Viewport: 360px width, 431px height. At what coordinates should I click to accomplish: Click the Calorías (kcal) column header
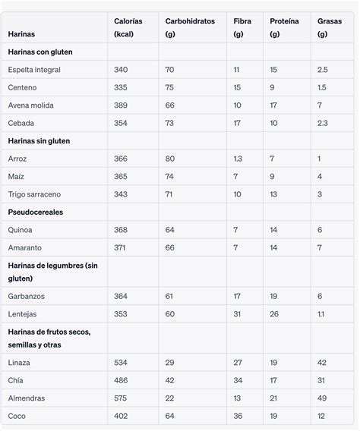(128, 28)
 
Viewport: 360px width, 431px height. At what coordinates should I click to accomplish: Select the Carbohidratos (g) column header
(190, 28)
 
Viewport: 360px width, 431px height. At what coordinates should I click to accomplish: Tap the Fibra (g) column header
(242, 28)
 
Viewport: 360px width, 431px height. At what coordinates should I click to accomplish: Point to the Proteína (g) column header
(284, 28)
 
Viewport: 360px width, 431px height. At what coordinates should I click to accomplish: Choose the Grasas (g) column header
(329, 28)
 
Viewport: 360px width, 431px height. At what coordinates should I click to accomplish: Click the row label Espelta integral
(34, 70)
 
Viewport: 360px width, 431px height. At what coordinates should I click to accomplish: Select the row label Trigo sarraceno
(34, 194)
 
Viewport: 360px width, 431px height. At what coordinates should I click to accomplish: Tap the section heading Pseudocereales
(35, 212)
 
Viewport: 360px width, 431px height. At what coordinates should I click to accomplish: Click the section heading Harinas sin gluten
(39, 141)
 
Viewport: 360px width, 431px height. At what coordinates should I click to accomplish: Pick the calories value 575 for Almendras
(121, 398)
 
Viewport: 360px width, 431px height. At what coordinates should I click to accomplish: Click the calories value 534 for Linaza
(121, 363)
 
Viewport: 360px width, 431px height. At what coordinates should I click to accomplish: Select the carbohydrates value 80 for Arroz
(170, 159)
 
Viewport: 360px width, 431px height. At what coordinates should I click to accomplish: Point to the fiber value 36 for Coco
(238, 416)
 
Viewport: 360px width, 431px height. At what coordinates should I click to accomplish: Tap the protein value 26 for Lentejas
(274, 314)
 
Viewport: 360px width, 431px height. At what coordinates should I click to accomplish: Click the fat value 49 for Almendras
(321, 398)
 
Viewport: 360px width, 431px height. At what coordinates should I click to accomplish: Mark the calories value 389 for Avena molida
(121, 105)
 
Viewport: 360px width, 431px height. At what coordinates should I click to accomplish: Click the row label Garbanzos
(27, 297)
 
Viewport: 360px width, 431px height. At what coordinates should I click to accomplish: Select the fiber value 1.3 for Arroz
(238, 159)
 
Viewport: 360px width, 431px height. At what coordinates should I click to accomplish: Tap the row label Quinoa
(21, 230)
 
